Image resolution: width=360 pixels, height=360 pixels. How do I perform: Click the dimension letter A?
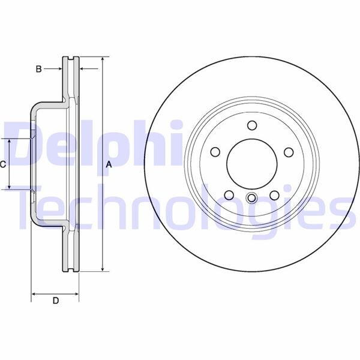(x=109, y=164)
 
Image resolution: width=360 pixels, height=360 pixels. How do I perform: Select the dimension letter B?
(x=39, y=69)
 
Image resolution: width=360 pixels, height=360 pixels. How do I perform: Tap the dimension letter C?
(x=3, y=164)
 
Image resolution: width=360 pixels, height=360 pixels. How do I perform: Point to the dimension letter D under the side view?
(x=55, y=301)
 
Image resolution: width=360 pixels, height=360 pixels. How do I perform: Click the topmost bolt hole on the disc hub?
(x=251, y=125)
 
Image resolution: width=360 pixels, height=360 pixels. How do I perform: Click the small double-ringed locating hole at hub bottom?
(x=251, y=199)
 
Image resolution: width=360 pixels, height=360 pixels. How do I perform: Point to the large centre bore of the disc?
(x=251, y=163)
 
